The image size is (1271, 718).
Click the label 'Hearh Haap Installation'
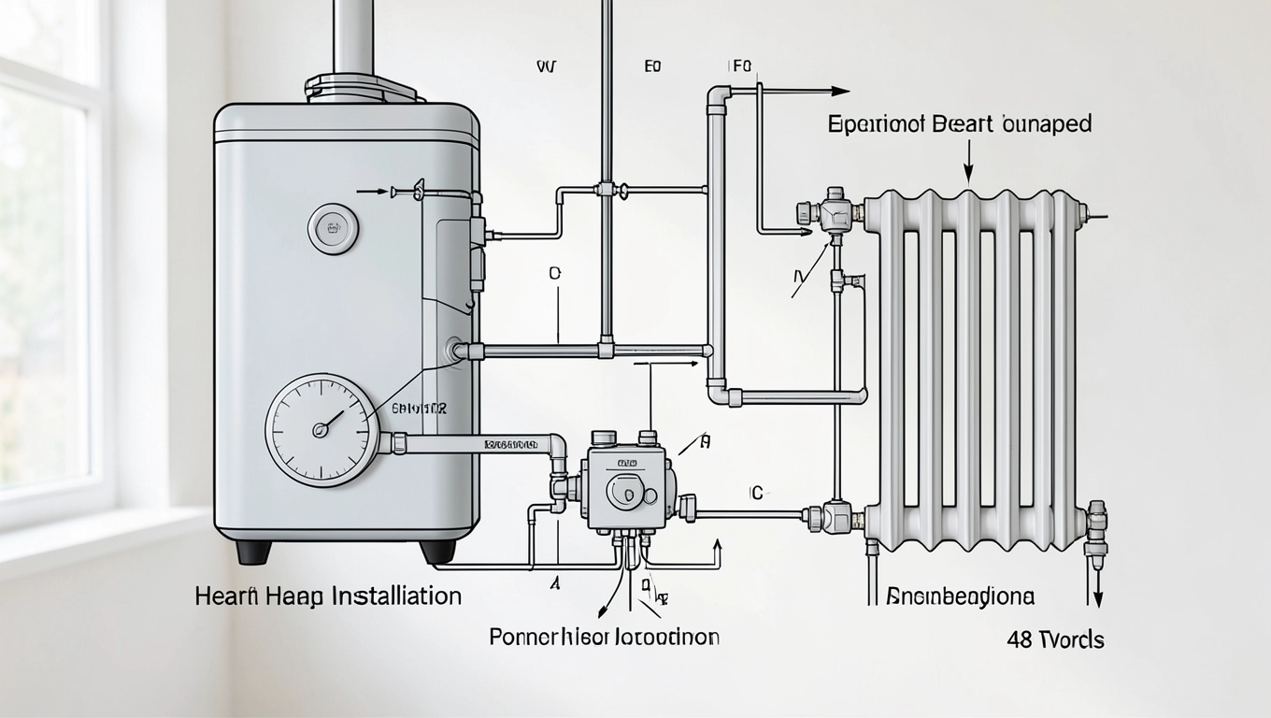tap(328, 596)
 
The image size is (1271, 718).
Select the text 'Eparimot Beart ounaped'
tap(960, 124)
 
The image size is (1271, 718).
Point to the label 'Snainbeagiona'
tap(960, 596)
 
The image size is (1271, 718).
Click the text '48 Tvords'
tap(1055, 640)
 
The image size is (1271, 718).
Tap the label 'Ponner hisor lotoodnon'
tap(605, 638)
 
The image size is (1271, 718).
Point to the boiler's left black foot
tap(253, 552)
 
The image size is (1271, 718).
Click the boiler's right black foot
tap(437, 552)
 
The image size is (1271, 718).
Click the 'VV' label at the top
tap(546, 67)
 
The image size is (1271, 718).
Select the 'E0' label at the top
tap(652, 67)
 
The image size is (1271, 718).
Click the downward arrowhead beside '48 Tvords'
tap(1098, 602)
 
